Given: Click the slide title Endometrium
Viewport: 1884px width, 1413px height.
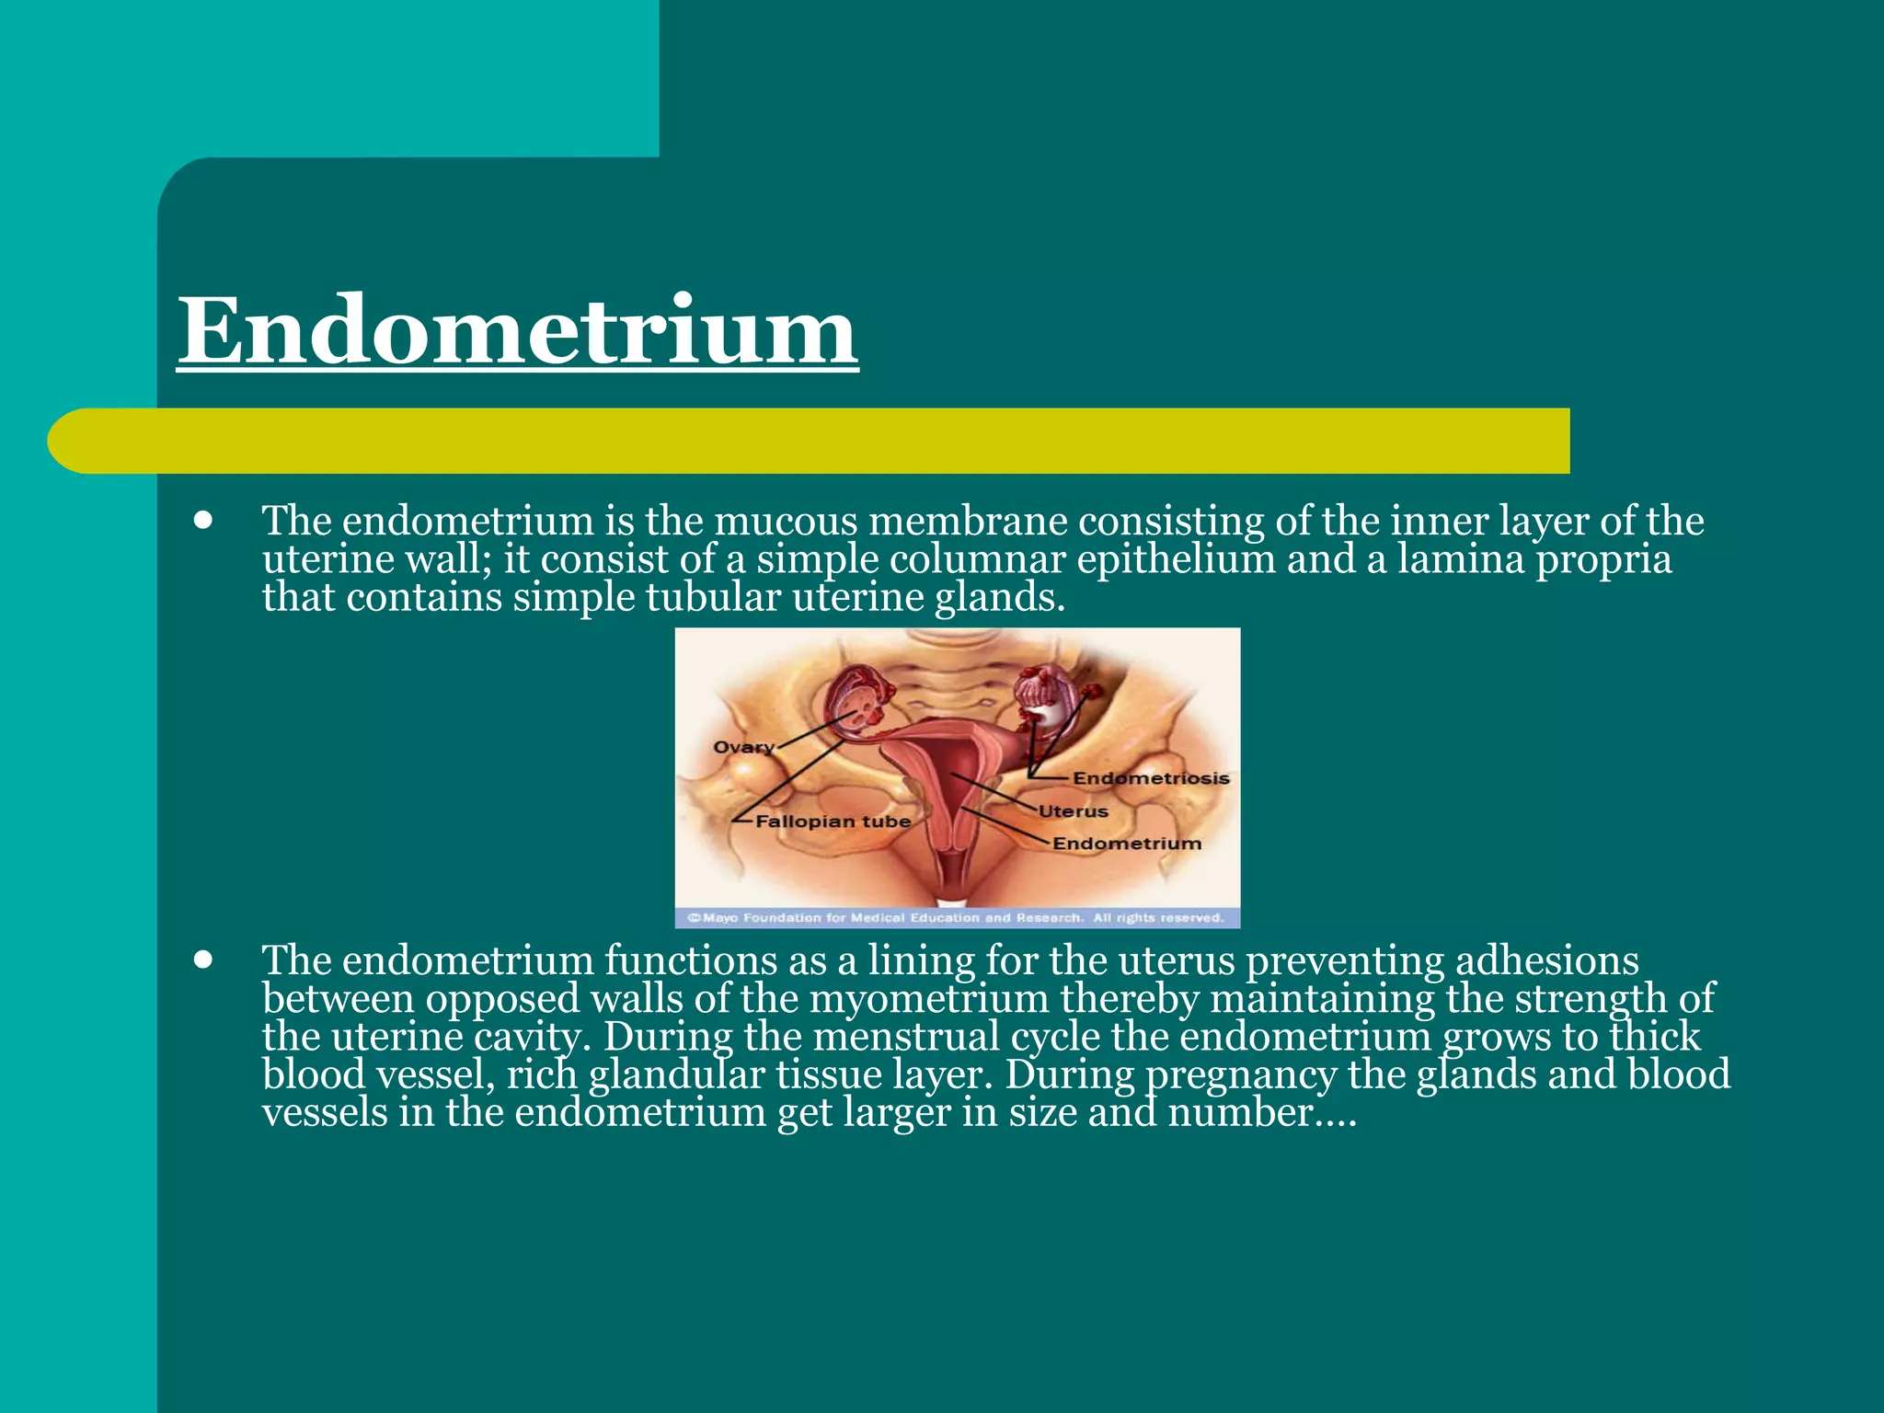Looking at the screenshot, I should (518, 330).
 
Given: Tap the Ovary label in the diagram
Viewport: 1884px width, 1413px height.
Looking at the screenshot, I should (743, 746).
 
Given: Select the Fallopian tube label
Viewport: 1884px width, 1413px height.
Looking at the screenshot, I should (833, 821).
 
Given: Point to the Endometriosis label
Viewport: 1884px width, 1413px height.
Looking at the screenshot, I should (1151, 778).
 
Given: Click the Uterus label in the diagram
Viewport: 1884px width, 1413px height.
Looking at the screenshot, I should (1074, 811).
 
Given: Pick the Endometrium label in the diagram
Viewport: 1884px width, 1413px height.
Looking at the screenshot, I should (1127, 844).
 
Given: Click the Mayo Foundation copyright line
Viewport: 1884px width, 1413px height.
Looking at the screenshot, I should (957, 918).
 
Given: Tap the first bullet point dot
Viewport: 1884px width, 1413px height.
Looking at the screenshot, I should (204, 521).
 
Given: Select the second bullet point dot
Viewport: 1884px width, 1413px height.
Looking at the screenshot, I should (204, 960).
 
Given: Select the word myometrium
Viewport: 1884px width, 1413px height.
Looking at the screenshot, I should (928, 1000).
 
